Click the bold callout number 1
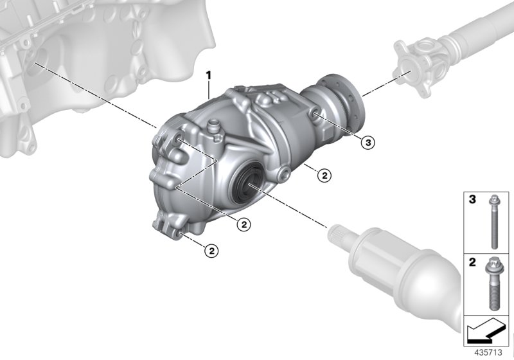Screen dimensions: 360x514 click(208, 76)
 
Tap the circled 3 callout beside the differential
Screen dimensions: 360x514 click(367, 143)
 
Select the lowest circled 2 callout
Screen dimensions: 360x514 click(210, 251)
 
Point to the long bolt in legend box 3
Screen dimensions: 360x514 click(494, 222)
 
